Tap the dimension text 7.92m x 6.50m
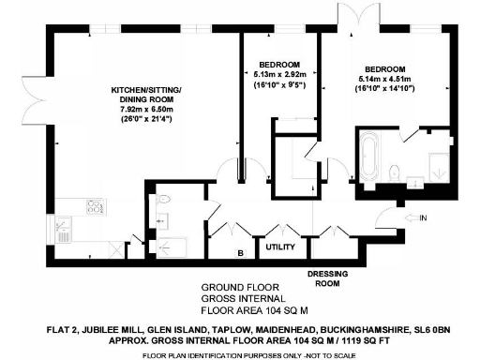(147, 109)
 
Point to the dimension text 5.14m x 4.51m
(384, 82)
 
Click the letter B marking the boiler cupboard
(240, 252)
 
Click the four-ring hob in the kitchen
(95, 209)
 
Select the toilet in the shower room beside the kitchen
(163, 199)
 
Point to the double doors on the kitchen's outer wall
(37, 98)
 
